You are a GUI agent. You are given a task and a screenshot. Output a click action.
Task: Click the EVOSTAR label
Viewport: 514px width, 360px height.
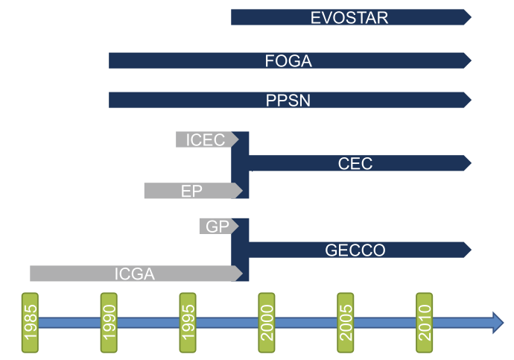click(349, 17)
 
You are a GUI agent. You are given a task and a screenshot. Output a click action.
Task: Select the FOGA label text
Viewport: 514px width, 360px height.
click(288, 61)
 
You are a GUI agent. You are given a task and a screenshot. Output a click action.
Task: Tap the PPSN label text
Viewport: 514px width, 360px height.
click(288, 100)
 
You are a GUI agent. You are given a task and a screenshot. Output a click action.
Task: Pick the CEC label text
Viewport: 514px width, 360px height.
click(355, 163)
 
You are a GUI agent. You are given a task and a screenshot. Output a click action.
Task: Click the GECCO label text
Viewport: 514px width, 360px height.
click(355, 250)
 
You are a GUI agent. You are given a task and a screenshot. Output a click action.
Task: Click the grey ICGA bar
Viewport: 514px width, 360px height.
click(134, 274)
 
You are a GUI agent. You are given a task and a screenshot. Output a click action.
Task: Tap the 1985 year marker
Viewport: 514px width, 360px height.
click(31, 322)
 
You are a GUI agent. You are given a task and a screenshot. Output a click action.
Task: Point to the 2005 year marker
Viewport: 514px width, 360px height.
click(346, 322)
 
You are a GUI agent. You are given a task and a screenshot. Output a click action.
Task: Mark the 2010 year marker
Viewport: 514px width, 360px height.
click(425, 322)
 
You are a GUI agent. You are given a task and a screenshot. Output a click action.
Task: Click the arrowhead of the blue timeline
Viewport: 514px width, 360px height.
click(495, 322)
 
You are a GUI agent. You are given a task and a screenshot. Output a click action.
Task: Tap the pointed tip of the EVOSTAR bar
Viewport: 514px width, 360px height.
click(467, 17)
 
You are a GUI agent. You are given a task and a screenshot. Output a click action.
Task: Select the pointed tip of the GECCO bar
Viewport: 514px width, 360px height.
click(467, 249)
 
